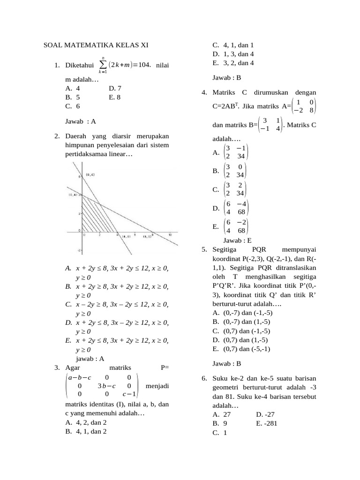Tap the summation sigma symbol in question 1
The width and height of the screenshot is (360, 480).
[103, 65]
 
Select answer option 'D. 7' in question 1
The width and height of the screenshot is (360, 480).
[115, 88]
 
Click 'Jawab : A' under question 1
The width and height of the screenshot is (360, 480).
[81, 121]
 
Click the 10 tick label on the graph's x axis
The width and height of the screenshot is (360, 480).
[170, 235]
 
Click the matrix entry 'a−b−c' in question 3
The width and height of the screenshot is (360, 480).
[80, 377]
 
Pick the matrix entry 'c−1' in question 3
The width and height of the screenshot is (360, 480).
[129, 394]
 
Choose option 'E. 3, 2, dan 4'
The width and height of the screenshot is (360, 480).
[233, 63]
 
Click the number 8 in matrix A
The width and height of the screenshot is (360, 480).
[312, 110]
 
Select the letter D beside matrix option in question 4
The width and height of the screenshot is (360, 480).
[216, 208]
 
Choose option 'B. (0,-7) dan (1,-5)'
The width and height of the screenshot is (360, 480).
[241, 322]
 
